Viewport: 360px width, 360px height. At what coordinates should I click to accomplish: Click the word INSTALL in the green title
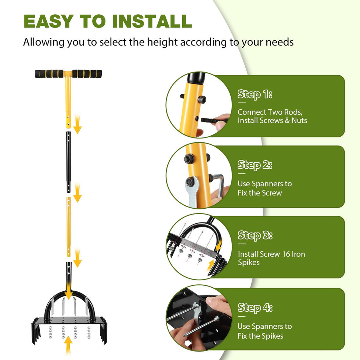(x=152, y=21)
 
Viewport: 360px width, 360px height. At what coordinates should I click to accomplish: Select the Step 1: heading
(x=255, y=94)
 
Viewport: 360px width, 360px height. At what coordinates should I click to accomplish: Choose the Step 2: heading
(x=255, y=165)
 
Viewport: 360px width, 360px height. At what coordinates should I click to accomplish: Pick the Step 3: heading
(x=255, y=235)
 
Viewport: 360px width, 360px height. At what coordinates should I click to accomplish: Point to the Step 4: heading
(x=255, y=308)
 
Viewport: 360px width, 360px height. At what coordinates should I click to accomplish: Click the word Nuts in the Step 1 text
(x=299, y=120)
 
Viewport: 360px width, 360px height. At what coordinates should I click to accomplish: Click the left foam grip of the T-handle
(x=49, y=74)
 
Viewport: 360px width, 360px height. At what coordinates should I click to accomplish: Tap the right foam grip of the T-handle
(x=87, y=74)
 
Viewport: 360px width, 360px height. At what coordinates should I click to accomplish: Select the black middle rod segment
(x=68, y=162)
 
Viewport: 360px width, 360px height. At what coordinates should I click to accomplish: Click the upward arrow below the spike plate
(x=68, y=346)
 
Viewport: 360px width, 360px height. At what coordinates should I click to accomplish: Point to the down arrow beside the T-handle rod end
(x=78, y=124)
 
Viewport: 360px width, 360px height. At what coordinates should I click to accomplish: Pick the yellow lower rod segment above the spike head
(x=68, y=227)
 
